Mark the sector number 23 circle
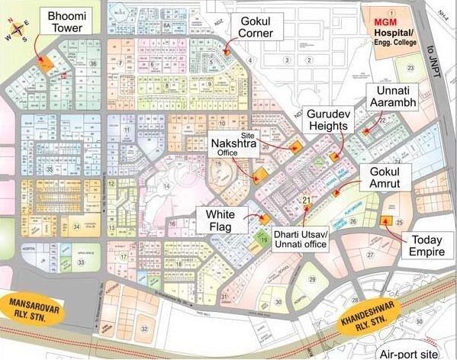pos(410,69)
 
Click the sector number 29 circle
pos(312,280)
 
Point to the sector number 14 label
pos(166,186)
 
